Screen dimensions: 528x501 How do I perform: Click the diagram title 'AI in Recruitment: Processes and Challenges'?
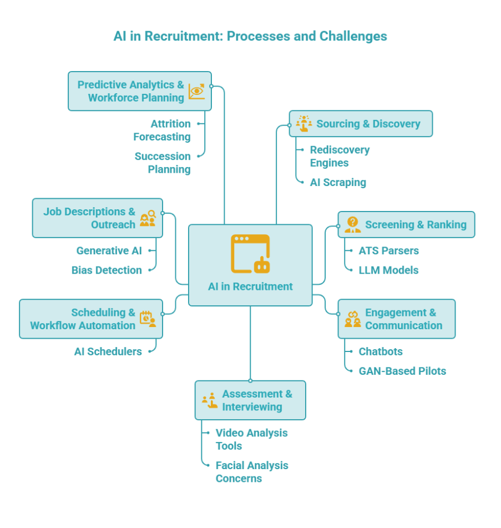(x=250, y=37)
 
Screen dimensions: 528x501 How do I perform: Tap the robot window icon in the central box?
(x=250, y=254)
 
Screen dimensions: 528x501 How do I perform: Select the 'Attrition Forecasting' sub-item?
(x=162, y=130)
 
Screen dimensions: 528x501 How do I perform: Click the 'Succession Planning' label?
(x=163, y=163)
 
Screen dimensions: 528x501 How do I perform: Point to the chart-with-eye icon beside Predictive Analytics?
(x=196, y=92)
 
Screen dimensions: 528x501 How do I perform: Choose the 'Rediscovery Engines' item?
(x=339, y=156)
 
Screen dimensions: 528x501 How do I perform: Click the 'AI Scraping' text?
(x=337, y=182)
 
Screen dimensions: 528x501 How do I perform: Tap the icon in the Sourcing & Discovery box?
(x=303, y=123)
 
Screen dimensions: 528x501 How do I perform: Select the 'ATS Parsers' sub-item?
(x=388, y=251)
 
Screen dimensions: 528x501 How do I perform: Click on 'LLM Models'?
(x=388, y=270)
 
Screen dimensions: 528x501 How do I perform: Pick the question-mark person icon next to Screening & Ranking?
(x=352, y=224)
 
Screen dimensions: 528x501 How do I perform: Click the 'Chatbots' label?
(x=381, y=351)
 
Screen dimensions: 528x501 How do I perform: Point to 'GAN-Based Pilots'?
(x=402, y=371)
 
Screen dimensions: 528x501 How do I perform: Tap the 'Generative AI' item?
(x=109, y=251)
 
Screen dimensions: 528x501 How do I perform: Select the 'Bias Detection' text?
(x=107, y=270)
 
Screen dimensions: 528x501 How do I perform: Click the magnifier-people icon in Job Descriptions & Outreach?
(x=148, y=218)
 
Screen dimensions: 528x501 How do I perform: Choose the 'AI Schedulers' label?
(x=108, y=351)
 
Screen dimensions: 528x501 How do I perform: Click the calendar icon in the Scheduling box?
(x=148, y=319)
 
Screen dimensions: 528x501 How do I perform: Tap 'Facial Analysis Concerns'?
(x=251, y=472)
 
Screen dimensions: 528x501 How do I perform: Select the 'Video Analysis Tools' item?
(x=251, y=439)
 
